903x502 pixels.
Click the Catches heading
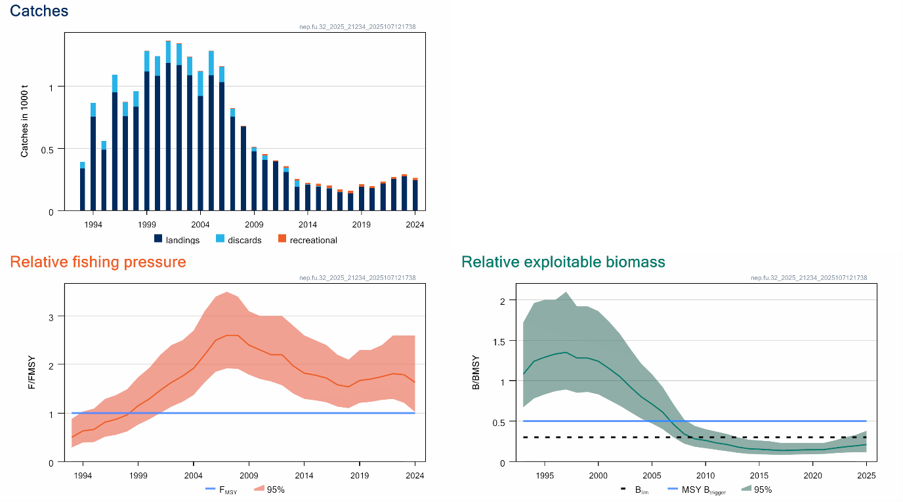(39, 11)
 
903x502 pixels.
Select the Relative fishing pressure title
(98, 262)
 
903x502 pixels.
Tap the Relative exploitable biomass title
(563, 262)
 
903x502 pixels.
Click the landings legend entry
(177, 240)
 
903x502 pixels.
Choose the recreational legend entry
(307, 240)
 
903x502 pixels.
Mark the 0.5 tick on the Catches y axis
(53, 149)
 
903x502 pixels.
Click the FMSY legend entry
(220, 489)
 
